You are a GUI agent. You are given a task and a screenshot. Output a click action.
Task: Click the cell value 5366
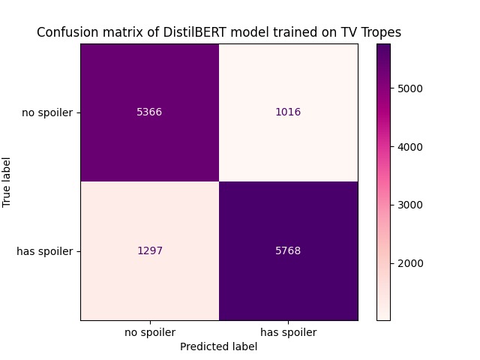click(149, 112)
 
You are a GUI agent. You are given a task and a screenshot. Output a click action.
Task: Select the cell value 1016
click(287, 112)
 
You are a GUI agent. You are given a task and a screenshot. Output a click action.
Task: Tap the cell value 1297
click(149, 250)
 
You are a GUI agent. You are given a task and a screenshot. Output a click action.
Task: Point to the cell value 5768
click(287, 250)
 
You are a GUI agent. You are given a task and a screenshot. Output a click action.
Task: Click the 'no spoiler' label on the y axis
click(47, 113)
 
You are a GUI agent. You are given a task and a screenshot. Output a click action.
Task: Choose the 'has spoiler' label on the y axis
click(45, 251)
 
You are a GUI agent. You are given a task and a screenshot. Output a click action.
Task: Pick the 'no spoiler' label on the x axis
click(149, 332)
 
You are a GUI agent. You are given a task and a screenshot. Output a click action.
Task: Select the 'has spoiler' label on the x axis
click(287, 332)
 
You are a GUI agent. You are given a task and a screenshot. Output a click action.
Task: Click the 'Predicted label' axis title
click(218, 346)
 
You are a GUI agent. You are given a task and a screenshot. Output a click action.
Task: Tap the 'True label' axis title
click(8, 181)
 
